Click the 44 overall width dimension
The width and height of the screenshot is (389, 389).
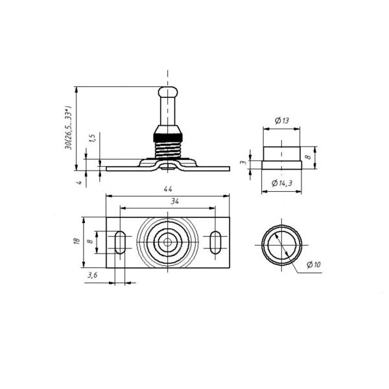click(x=168, y=189)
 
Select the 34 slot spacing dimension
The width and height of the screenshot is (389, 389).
click(x=175, y=202)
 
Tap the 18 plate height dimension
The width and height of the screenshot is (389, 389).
click(x=77, y=241)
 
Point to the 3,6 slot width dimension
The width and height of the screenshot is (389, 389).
click(x=92, y=275)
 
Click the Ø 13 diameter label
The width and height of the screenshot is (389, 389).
click(x=282, y=121)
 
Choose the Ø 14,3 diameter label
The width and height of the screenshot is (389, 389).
click(x=282, y=183)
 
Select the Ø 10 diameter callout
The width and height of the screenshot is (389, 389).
click(x=314, y=265)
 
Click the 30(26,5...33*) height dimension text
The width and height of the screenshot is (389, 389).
click(x=68, y=128)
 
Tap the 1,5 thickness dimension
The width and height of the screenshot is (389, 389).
click(x=92, y=138)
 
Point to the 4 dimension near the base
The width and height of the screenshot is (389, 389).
click(x=79, y=183)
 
